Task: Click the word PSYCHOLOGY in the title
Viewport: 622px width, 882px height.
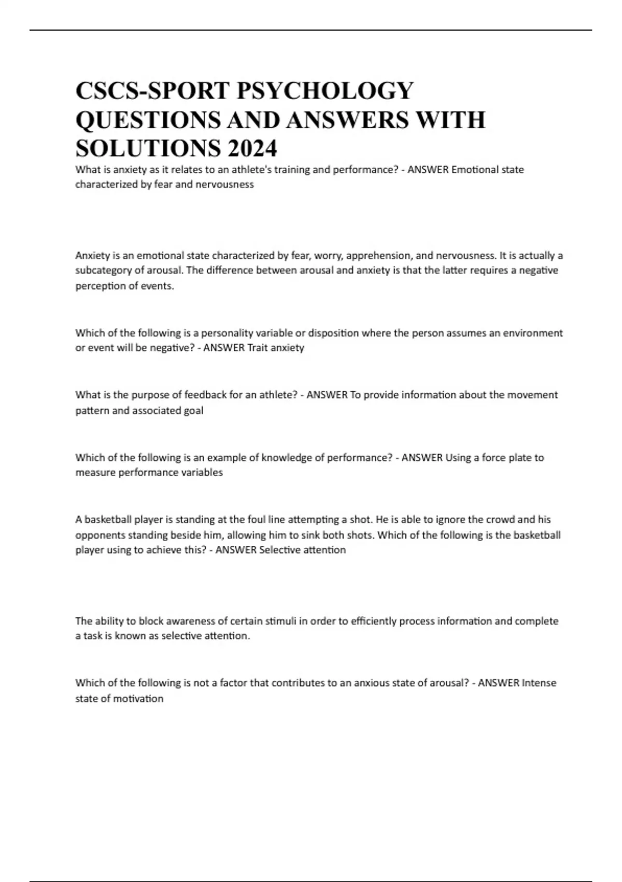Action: click(325, 91)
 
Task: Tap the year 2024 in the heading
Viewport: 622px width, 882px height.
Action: click(251, 149)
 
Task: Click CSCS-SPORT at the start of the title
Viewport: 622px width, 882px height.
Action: click(152, 91)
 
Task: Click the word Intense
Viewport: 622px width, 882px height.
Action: click(539, 683)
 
